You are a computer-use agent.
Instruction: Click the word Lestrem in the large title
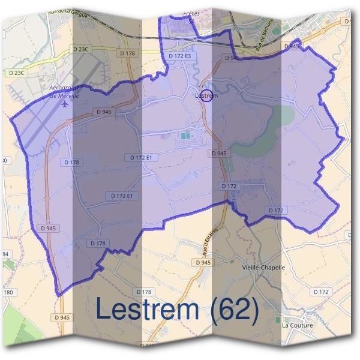click(147, 309)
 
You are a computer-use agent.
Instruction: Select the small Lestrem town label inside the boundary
click(206, 95)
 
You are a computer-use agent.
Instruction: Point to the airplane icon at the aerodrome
click(64, 103)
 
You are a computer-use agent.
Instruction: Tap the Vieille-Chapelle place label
click(280, 267)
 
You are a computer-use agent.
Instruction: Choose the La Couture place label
click(295, 325)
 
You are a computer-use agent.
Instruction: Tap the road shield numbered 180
click(7, 292)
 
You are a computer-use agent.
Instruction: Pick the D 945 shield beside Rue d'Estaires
click(220, 263)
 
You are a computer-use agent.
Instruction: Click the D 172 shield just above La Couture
click(322, 292)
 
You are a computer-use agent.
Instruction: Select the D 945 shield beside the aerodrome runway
click(103, 112)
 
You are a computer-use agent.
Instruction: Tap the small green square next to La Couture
click(277, 320)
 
